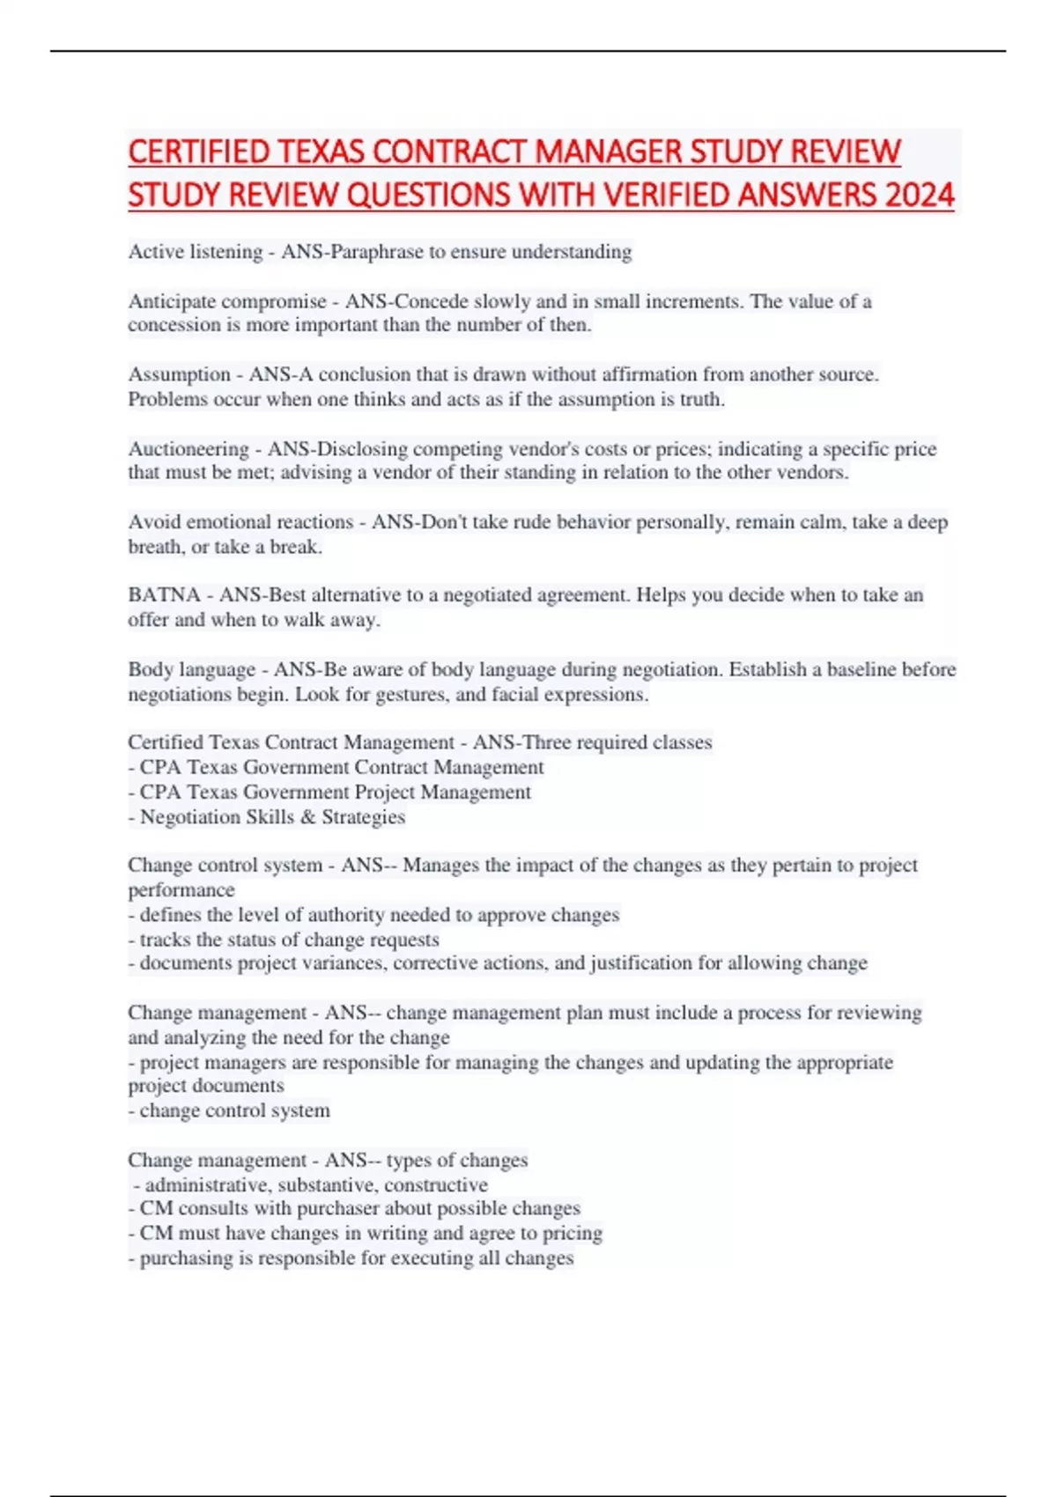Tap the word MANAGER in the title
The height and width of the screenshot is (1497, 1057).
click(x=609, y=151)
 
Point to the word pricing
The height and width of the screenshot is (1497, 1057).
click(x=573, y=1234)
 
